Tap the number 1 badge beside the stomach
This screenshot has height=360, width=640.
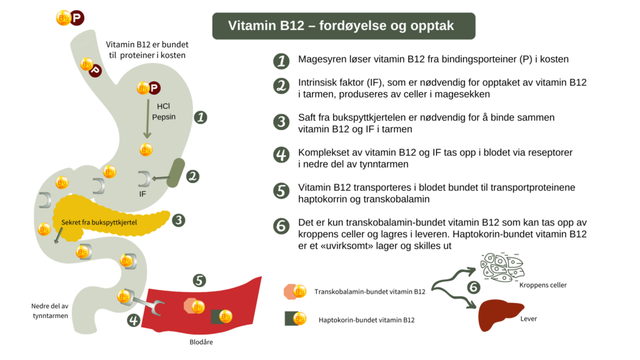pos(201,117)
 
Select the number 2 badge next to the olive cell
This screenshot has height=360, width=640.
pos(193,177)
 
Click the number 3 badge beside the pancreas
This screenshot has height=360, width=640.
pos(179,219)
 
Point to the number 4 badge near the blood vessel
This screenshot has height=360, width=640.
pos(134,321)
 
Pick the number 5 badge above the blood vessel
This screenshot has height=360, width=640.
pos(199,281)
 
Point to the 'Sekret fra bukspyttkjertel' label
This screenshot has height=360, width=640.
pos(99,222)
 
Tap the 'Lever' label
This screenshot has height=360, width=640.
pos(528,319)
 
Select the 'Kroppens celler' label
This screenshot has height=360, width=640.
pos(542,285)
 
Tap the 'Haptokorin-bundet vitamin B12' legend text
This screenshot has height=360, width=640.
pos(366,320)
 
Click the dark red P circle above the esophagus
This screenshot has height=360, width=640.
pos(77,19)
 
